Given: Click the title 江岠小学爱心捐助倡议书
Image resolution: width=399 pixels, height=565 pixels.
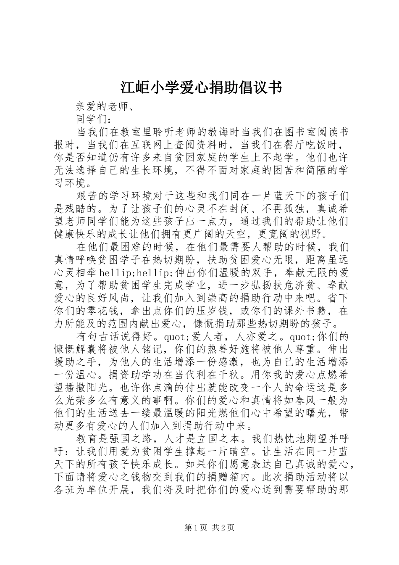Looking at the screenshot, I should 199,88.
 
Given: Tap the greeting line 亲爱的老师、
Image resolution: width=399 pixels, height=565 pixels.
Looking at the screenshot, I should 103,107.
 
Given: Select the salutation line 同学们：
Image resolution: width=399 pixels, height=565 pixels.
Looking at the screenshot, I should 93,119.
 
